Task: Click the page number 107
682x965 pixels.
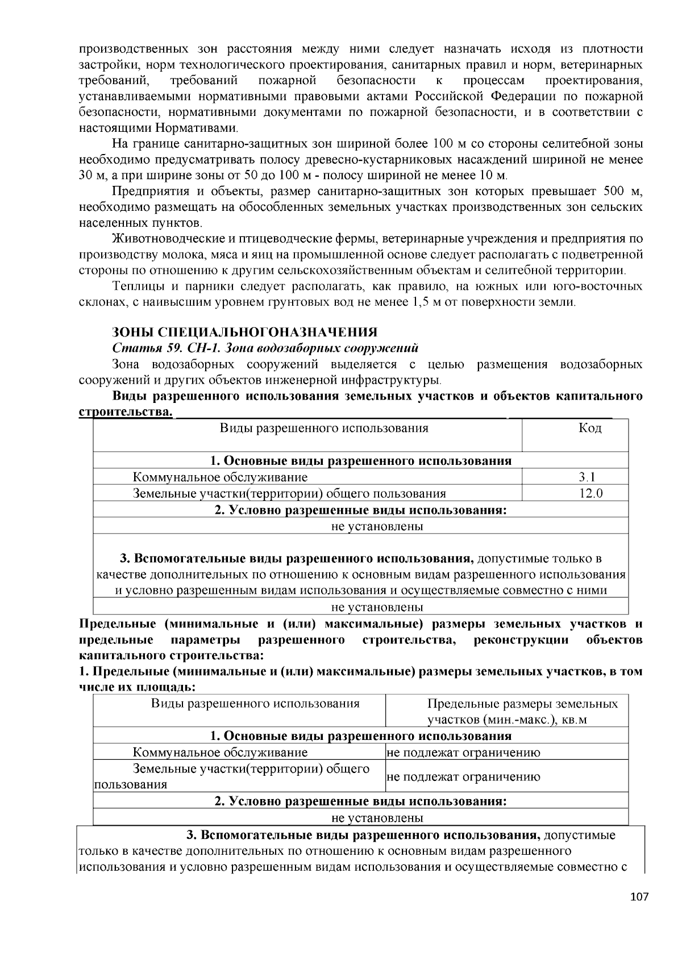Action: coord(639,897)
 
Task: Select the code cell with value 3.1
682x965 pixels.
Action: coord(590,477)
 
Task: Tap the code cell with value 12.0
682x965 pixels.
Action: coord(590,493)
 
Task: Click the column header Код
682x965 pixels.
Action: coord(590,428)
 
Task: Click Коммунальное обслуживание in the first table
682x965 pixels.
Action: coord(220,477)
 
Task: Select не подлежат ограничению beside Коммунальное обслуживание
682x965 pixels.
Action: coord(463,753)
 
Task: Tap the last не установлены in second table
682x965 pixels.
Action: coord(377,818)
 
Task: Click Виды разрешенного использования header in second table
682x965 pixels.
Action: coord(255,704)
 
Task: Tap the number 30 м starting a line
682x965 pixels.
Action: coord(89,175)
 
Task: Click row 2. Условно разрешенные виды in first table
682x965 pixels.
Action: coord(360,510)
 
